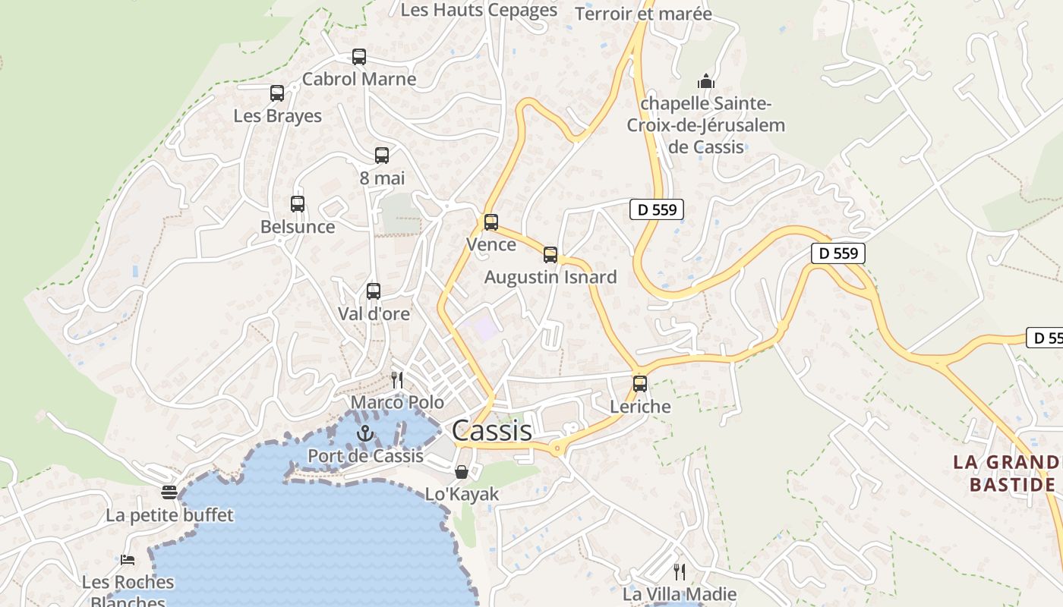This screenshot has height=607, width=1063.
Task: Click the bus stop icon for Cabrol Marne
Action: (359, 57)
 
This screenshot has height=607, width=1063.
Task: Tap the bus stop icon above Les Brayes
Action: (277, 93)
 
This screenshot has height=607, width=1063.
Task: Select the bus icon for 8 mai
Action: (382, 156)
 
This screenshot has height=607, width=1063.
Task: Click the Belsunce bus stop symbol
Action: (298, 204)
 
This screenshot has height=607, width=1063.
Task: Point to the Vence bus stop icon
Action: (491, 222)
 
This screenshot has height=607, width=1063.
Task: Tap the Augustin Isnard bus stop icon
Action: (550, 255)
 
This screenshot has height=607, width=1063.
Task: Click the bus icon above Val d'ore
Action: (373, 291)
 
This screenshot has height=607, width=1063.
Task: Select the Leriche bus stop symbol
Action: (640, 384)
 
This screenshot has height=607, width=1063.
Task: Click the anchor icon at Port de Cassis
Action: (365, 433)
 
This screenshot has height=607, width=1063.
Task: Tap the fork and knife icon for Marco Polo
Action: (397, 379)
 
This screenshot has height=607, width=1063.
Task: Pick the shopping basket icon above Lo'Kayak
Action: (461, 472)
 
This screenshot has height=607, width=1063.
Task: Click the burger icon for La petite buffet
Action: (169, 492)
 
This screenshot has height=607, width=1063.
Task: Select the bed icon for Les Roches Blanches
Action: (128, 560)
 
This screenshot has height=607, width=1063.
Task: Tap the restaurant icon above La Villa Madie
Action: (680, 571)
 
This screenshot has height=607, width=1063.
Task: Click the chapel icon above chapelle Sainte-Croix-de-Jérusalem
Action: (706, 80)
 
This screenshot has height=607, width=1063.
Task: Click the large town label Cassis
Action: (491, 430)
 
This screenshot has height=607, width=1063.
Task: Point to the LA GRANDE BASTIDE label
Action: (1007, 473)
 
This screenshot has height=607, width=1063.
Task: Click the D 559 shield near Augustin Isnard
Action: (657, 209)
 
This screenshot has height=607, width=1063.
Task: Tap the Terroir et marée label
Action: (643, 14)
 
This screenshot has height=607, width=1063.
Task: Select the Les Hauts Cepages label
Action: (478, 10)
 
